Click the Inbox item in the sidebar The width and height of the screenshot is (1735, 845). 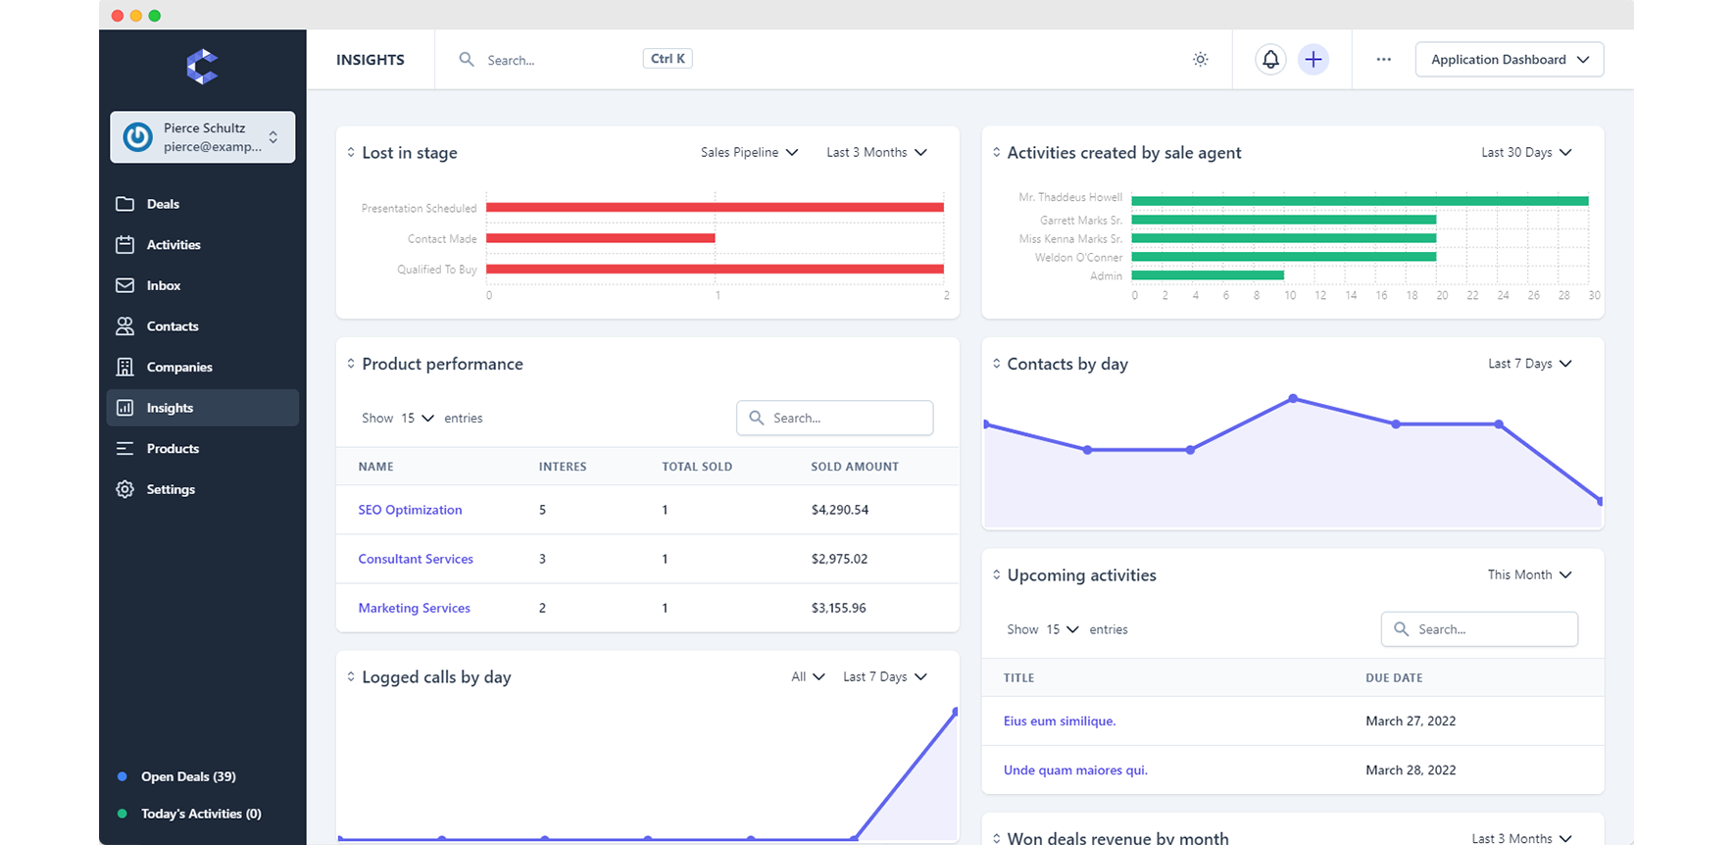(163, 285)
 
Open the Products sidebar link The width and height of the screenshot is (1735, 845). (173, 448)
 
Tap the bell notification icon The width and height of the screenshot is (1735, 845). (1270, 60)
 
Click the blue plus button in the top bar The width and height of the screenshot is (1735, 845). (1314, 60)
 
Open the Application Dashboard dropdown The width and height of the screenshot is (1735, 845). (1509, 60)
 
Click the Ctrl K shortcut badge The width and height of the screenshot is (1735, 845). (668, 59)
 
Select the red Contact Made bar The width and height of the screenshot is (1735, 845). (600, 238)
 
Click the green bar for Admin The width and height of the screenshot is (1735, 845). (1208, 275)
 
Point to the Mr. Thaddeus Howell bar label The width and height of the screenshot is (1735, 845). (1070, 197)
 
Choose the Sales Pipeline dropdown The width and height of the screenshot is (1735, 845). (749, 153)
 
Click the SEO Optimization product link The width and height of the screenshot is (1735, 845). (410, 510)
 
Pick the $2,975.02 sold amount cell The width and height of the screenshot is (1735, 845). (839, 559)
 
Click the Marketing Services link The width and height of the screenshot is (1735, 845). (414, 608)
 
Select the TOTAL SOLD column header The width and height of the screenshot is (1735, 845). (697, 467)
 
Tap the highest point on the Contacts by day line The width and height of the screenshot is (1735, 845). (1293, 398)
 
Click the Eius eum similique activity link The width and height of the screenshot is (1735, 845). (1059, 721)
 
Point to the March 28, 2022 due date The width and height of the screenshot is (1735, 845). (1411, 770)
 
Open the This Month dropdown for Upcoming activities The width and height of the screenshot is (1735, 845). (1529, 575)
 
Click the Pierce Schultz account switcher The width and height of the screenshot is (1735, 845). (203, 137)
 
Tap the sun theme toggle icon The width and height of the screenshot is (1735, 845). (1200, 60)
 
